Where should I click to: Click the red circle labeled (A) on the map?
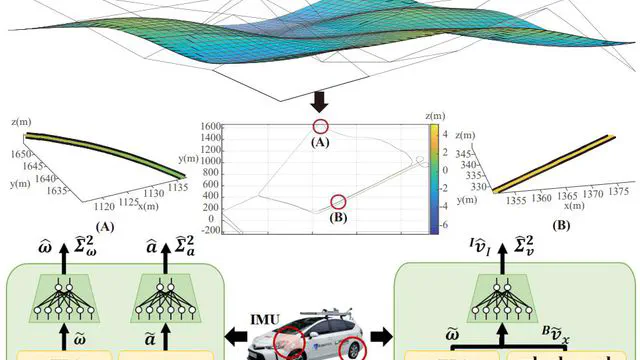click(320, 126)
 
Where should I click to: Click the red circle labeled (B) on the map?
click(338, 202)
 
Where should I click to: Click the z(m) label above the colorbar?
click(433, 116)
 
